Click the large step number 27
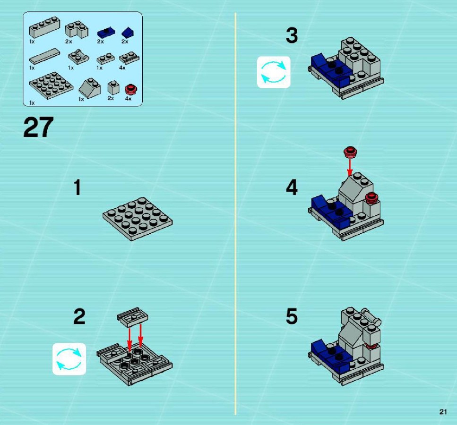(x=38, y=127)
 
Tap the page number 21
(x=443, y=412)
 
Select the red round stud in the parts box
(x=131, y=89)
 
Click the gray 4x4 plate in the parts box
(x=52, y=85)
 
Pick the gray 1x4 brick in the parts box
(x=44, y=27)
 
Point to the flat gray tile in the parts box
(x=44, y=56)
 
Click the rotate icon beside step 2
(x=69, y=359)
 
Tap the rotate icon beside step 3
(x=274, y=72)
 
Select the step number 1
(x=77, y=187)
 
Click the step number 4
(x=292, y=187)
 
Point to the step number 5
(x=292, y=316)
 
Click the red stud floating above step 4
(x=350, y=152)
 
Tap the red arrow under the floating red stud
(x=350, y=167)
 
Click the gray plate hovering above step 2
(x=132, y=317)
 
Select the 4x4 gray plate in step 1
(x=138, y=219)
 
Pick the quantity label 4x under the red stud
(x=128, y=98)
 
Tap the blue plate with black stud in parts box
(x=106, y=32)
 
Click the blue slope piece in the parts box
(x=128, y=32)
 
